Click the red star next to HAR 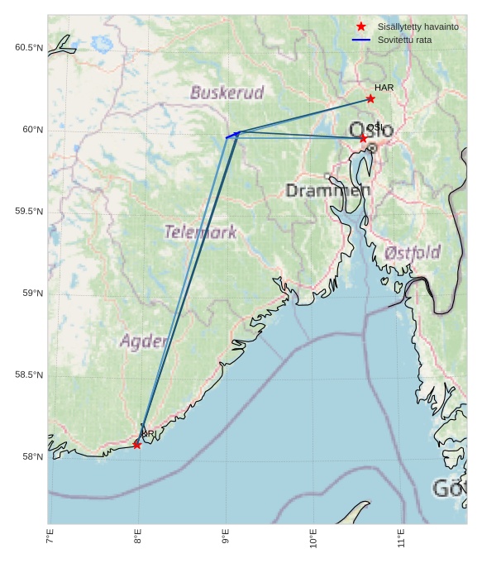click(x=370, y=99)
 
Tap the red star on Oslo click(x=363, y=138)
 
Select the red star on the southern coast click(x=136, y=445)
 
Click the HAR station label click(x=384, y=88)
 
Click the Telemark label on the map click(x=200, y=232)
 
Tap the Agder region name click(x=143, y=341)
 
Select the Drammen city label click(x=327, y=191)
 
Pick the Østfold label click(x=413, y=252)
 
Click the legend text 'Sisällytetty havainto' click(x=418, y=26)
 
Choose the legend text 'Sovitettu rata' click(x=404, y=40)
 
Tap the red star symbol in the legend click(x=360, y=26)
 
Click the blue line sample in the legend click(x=360, y=40)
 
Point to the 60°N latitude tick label click(x=29, y=130)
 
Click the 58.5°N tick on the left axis click(x=29, y=375)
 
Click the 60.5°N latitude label click(x=29, y=48)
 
